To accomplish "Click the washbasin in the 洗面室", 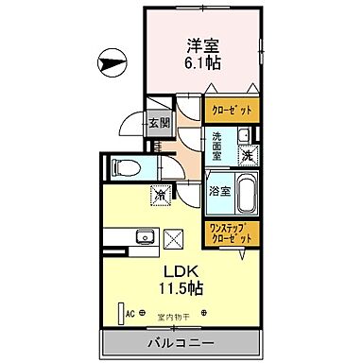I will point(243,134).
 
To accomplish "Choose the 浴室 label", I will point(216,188).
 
